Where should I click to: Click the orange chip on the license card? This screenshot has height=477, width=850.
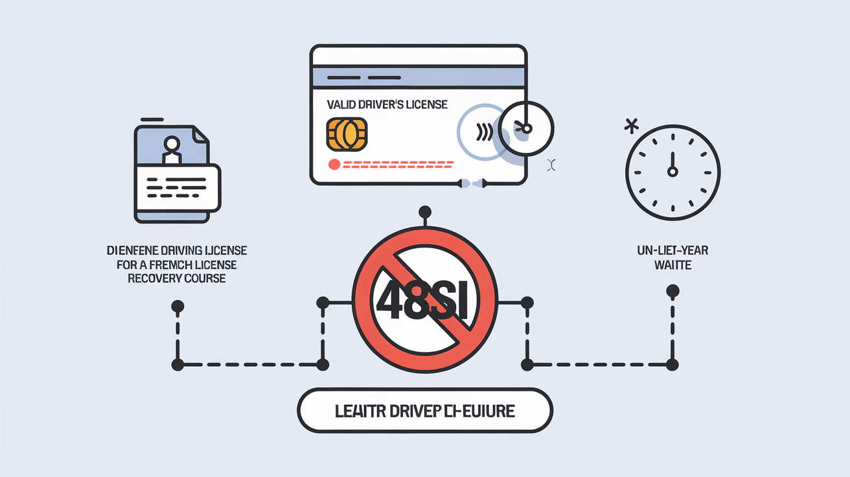[347, 134]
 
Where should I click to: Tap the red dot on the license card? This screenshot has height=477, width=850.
[334, 165]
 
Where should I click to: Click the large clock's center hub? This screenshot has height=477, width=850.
[672, 172]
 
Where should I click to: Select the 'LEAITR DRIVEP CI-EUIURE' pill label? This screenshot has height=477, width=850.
[424, 411]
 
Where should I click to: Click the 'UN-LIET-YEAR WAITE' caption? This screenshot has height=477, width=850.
[672, 258]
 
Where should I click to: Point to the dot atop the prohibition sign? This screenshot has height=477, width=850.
[425, 211]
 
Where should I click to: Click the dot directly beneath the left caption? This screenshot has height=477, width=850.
[178, 306]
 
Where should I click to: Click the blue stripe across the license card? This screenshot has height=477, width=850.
[418, 78]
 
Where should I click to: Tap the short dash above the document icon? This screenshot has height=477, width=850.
[151, 119]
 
